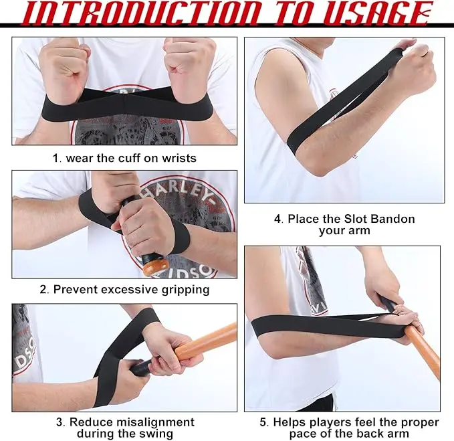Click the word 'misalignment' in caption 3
coord(158,422)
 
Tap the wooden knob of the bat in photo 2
coord(155,268)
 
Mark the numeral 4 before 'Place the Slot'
coord(278,219)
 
